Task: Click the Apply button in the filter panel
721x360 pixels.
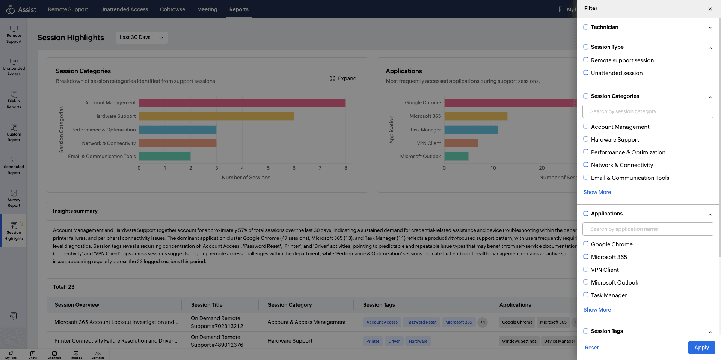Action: click(x=701, y=348)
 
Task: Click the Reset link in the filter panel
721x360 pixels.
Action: click(x=592, y=348)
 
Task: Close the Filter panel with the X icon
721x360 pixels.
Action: click(x=710, y=9)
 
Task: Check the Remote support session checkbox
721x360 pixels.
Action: click(x=586, y=60)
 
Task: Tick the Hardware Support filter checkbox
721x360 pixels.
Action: click(x=586, y=139)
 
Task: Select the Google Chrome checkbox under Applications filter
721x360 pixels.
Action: click(x=586, y=244)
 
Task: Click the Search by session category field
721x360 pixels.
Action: click(x=648, y=111)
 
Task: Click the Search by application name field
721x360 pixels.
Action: click(x=648, y=229)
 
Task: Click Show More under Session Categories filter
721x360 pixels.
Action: click(x=597, y=192)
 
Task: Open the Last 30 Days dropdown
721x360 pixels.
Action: click(x=142, y=38)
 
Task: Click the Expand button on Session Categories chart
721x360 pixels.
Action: click(x=343, y=78)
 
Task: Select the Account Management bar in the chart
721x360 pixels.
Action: click(x=242, y=103)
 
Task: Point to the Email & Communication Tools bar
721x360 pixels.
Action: click(x=165, y=157)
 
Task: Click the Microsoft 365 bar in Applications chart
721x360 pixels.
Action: click(x=476, y=116)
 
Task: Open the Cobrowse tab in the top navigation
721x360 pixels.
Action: click(x=172, y=9)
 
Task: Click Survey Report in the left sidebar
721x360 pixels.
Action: click(x=14, y=199)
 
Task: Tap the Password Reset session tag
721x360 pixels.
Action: click(x=421, y=322)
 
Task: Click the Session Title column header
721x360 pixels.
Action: click(x=207, y=305)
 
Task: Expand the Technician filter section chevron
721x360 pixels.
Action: click(x=710, y=27)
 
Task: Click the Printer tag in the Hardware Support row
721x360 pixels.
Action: click(x=373, y=341)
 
